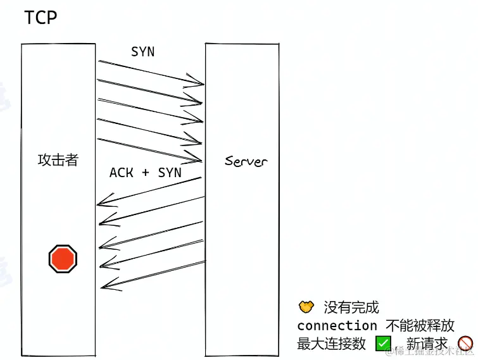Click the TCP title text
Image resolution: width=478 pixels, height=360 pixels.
coord(41,18)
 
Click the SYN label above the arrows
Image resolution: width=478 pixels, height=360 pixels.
coord(142,52)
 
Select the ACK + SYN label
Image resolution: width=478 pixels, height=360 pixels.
coord(145,172)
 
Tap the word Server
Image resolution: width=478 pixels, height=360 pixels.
coord(246,161)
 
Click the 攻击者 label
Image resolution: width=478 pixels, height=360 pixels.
coord(58,160)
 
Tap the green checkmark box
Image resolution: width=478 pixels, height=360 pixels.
coord(383,344)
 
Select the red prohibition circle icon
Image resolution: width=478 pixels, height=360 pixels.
coord(465,344)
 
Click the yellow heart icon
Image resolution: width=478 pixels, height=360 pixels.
coord(306,307)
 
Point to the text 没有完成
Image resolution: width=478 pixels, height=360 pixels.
coord(351,307)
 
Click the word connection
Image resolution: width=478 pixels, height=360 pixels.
coord(337,326)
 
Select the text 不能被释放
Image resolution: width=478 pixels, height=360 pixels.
coord(420,326)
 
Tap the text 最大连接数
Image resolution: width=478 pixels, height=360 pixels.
coord(332,344)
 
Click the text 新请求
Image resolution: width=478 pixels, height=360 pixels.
coord(427,344)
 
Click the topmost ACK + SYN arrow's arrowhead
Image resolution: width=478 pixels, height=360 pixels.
coord(101,203)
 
